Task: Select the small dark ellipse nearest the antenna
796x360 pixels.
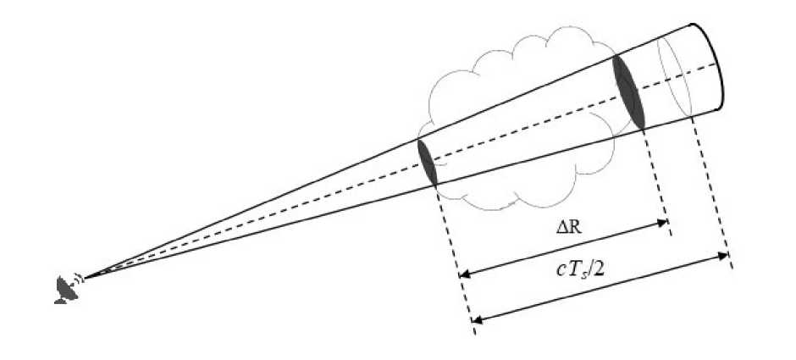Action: (428, 162)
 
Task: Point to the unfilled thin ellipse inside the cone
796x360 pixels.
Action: (676, 77)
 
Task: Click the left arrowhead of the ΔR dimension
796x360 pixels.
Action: (463, 274)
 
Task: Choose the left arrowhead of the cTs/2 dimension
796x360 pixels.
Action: (477, 320)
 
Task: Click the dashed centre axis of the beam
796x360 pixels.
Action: (339, 191)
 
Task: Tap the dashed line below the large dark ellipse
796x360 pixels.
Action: (656, 178)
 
